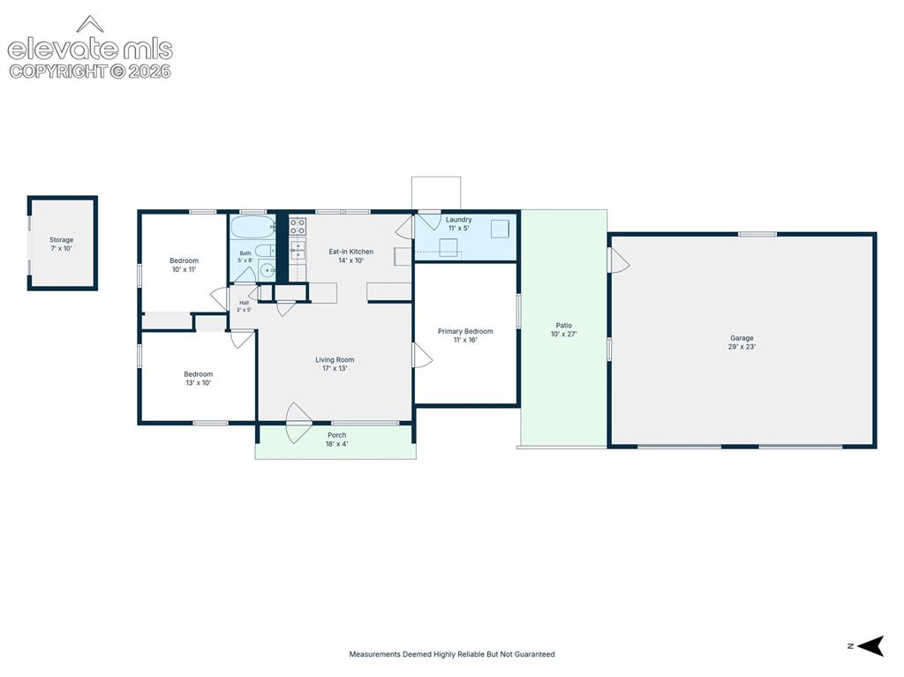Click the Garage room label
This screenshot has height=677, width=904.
click(x=742, y=342)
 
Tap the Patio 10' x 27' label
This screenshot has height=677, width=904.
click(x=564, y=330)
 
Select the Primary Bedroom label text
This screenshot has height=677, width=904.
click(x=465, y=332)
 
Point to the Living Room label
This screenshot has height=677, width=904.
click(x=335, y=364)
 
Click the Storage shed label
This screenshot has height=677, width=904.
click(x=61, y=244)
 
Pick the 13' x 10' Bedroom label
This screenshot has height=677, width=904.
click(x=199, y=379)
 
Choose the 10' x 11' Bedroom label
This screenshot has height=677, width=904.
click(x=184, y=265)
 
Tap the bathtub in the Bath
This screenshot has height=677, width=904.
click(x=253, y=227)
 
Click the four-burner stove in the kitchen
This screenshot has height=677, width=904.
click(x=298, y=226)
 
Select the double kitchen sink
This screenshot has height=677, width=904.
click(x=298, y=251)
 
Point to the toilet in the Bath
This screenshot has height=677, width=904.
click(x=266, y=251)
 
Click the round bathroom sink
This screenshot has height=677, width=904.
click(x=267, y=270)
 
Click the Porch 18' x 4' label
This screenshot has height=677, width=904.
click(x=336, y=440)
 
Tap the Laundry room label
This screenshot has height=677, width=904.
click(x=459, y=223)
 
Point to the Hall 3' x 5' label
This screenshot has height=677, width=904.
click(x=244, y=306)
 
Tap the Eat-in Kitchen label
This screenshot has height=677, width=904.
click(x=350, y=256)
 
